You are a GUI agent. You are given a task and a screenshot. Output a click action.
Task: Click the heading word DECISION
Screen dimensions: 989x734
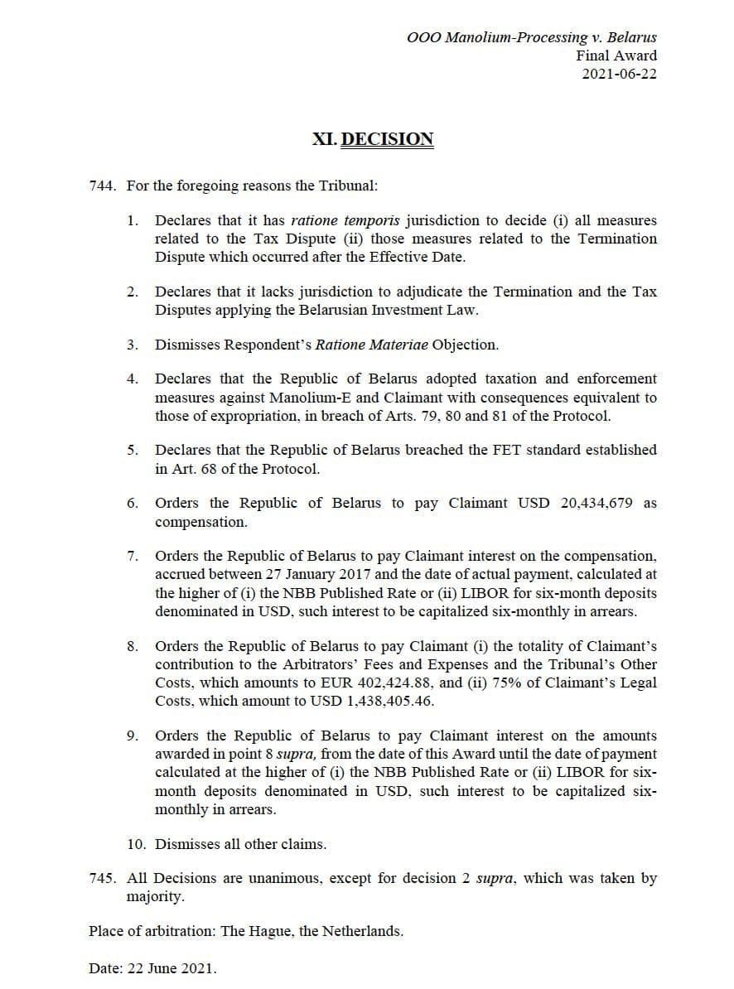(x=387, y=139)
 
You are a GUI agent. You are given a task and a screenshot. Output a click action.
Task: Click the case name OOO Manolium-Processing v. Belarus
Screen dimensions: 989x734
(x=532, y=37)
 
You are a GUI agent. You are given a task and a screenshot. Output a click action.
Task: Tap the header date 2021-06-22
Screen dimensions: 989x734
(x=620, y=74)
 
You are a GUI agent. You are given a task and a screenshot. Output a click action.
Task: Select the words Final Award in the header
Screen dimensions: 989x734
(x=616, y=55)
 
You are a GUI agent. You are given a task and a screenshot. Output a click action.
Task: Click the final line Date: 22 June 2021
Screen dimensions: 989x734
(x=152, y=968)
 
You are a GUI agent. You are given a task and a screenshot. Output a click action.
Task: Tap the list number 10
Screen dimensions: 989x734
(x=135, y=845)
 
